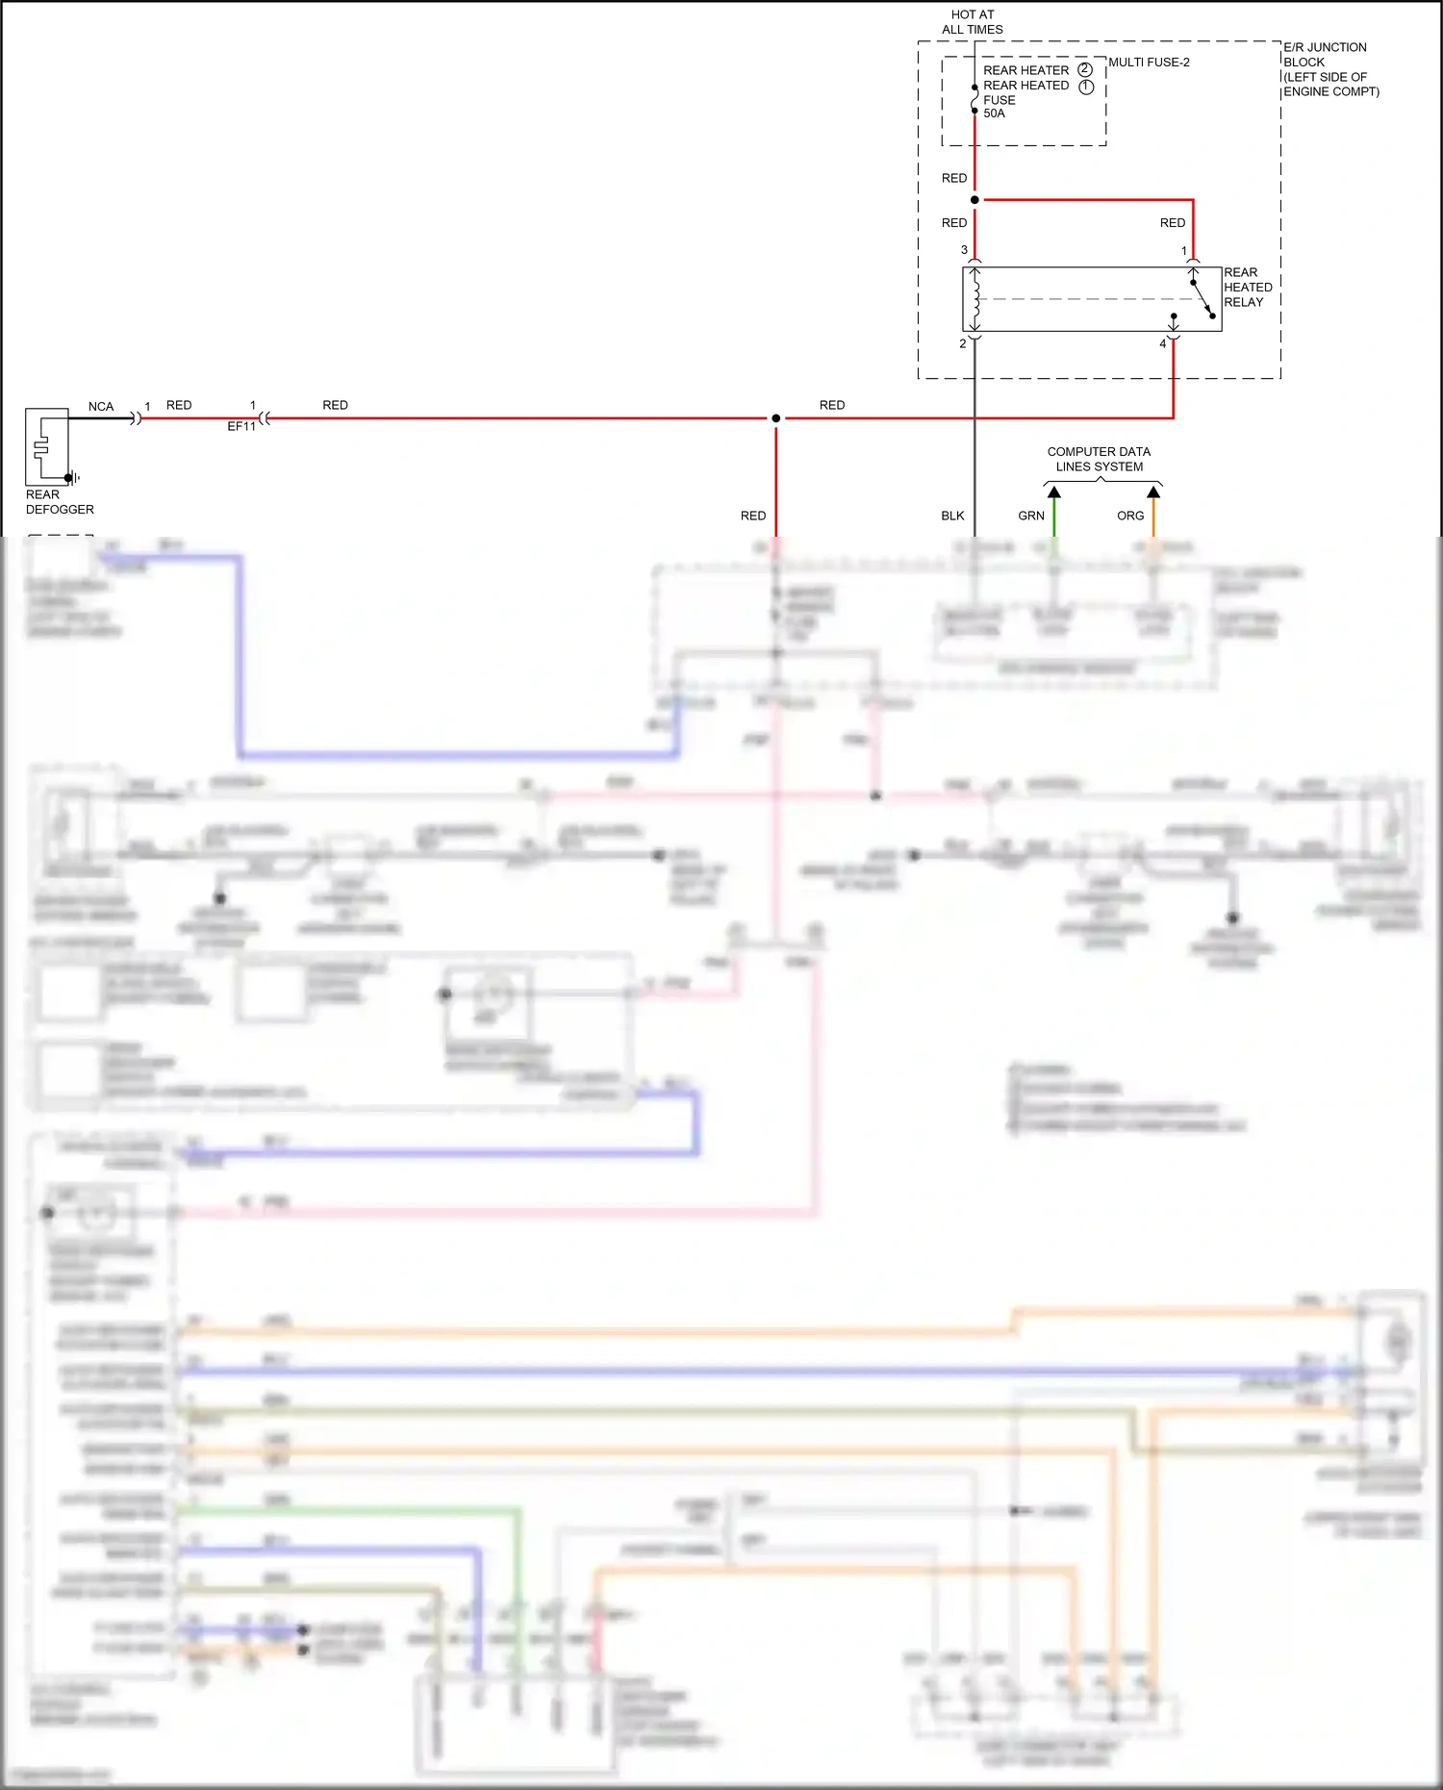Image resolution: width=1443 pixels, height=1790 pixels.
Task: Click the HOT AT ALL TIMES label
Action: point(972,22)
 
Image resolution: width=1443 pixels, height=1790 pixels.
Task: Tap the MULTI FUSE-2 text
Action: point(1149,63)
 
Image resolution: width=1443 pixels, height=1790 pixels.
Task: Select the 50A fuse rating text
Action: point(994,113)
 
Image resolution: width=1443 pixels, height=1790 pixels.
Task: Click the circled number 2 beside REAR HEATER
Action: point(1085,70)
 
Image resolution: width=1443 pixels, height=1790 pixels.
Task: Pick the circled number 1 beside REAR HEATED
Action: point(1086,87)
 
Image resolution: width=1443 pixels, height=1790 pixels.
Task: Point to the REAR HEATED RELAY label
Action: point(1248,288)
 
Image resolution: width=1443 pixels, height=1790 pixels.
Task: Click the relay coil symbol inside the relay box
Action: point(975,299)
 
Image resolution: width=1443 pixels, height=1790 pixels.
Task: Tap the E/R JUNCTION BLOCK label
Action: point(1330,69)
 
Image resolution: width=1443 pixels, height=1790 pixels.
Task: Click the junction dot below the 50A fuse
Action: point(975,200)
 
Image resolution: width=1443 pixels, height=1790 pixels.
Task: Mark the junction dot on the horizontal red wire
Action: point(776,418)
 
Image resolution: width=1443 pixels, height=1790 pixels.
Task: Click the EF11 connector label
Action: point(241,426)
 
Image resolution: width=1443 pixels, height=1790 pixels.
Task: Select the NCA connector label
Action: point(101,407)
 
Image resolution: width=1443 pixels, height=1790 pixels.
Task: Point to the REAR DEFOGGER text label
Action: point(60,502)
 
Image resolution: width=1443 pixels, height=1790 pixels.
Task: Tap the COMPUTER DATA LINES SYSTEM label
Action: point(1099,459)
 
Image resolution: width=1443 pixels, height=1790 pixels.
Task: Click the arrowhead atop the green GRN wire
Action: point(1054,492)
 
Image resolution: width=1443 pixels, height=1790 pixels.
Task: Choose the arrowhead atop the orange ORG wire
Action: point(1153,492)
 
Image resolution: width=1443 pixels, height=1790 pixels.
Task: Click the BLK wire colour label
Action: point(952,517)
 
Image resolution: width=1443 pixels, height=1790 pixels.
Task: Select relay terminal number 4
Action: point(1163,343)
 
